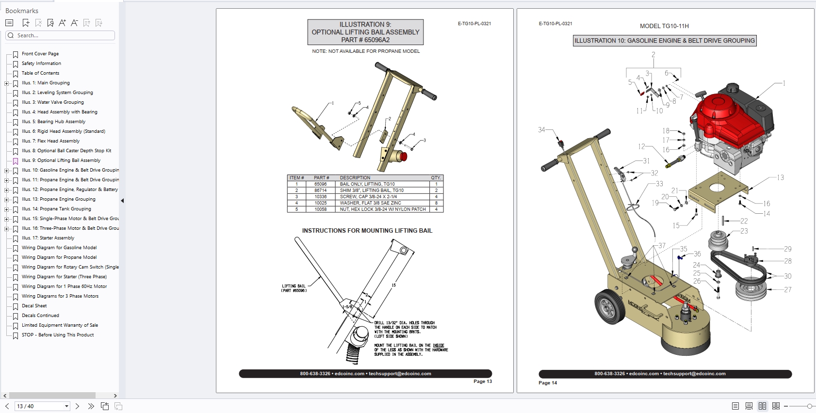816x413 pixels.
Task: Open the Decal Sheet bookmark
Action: (34, 306)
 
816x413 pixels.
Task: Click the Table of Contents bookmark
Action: (40, 73)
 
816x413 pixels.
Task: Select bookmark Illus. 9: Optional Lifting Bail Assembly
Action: (61, 160)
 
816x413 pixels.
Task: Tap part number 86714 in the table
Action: (320, 191)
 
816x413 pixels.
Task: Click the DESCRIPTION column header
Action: (355, 178)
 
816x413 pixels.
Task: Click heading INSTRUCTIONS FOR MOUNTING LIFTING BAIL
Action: (367, 231)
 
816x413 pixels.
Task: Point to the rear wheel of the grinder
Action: (608, 307)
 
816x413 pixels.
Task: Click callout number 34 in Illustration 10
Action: (541, 130)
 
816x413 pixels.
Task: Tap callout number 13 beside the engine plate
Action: (780, 178)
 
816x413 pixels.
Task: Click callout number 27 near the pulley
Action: (787, 290)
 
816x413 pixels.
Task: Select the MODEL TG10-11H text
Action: (664, 26)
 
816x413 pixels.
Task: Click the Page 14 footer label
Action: (548, 383)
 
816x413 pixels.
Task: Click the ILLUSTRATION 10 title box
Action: (665, 41)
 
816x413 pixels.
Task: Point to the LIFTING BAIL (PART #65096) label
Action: (294, 288)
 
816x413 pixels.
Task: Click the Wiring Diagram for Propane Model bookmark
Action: (59, 257)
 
